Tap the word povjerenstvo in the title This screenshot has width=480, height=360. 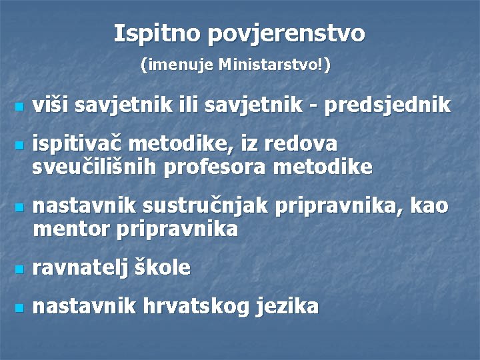tap(287, 33)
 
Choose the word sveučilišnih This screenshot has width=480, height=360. tap(93, 167)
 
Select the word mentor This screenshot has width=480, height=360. tap(71, 229)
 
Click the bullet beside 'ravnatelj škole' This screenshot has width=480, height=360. tap(19, 270)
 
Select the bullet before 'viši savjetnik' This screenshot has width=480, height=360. tap(19, 107)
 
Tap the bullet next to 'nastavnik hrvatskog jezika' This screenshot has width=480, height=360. tap(19, 309)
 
